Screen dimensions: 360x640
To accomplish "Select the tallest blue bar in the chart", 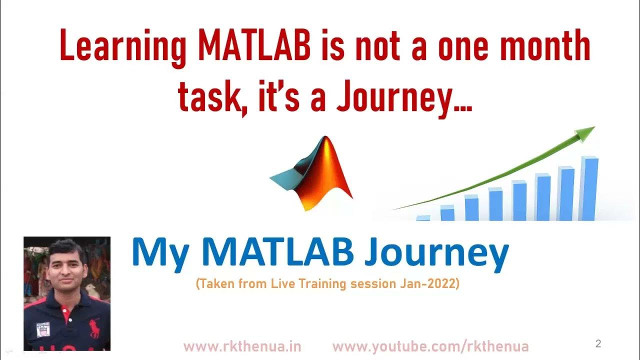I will [590, 189].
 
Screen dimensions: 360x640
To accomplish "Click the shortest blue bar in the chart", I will [423, 218].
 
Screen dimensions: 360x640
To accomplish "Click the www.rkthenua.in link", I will [242, 346].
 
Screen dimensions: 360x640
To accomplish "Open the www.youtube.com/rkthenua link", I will [430, 346].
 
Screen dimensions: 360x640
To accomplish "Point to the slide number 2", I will [598, 343].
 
